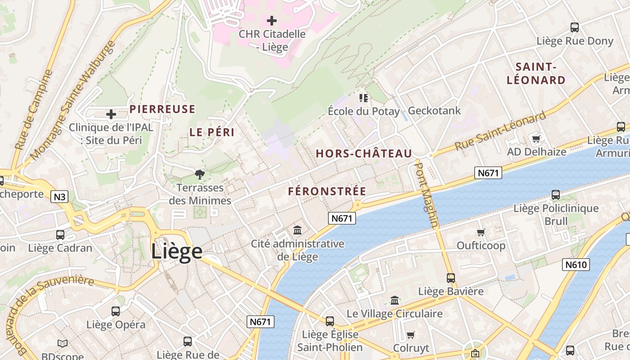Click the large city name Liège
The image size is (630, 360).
coord(176,251)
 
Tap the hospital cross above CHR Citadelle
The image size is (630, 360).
coord(272,20)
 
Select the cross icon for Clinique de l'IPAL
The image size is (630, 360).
coord(111,114)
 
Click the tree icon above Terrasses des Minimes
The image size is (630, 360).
coord(199,174)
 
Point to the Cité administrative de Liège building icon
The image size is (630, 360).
coord(297,230)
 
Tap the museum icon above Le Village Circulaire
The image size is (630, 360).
coord(395,300)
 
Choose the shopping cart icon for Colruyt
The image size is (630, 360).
coord(410,335)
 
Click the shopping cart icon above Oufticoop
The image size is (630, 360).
coord(481,232)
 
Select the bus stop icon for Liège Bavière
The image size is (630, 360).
coord(451,278)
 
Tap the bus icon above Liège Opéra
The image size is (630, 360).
coord(116,311)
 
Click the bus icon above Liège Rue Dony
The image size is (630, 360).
coord(575,27)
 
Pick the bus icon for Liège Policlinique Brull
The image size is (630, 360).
coord(556,195)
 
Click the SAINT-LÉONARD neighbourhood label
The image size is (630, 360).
coord(536,74)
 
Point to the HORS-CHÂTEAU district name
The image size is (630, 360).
coord(364,153)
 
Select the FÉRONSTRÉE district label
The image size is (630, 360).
coord(327,191)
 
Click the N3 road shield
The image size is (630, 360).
coord(59,197)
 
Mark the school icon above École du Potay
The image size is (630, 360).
coord(364,98)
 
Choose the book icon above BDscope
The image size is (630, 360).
coord(63,344)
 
